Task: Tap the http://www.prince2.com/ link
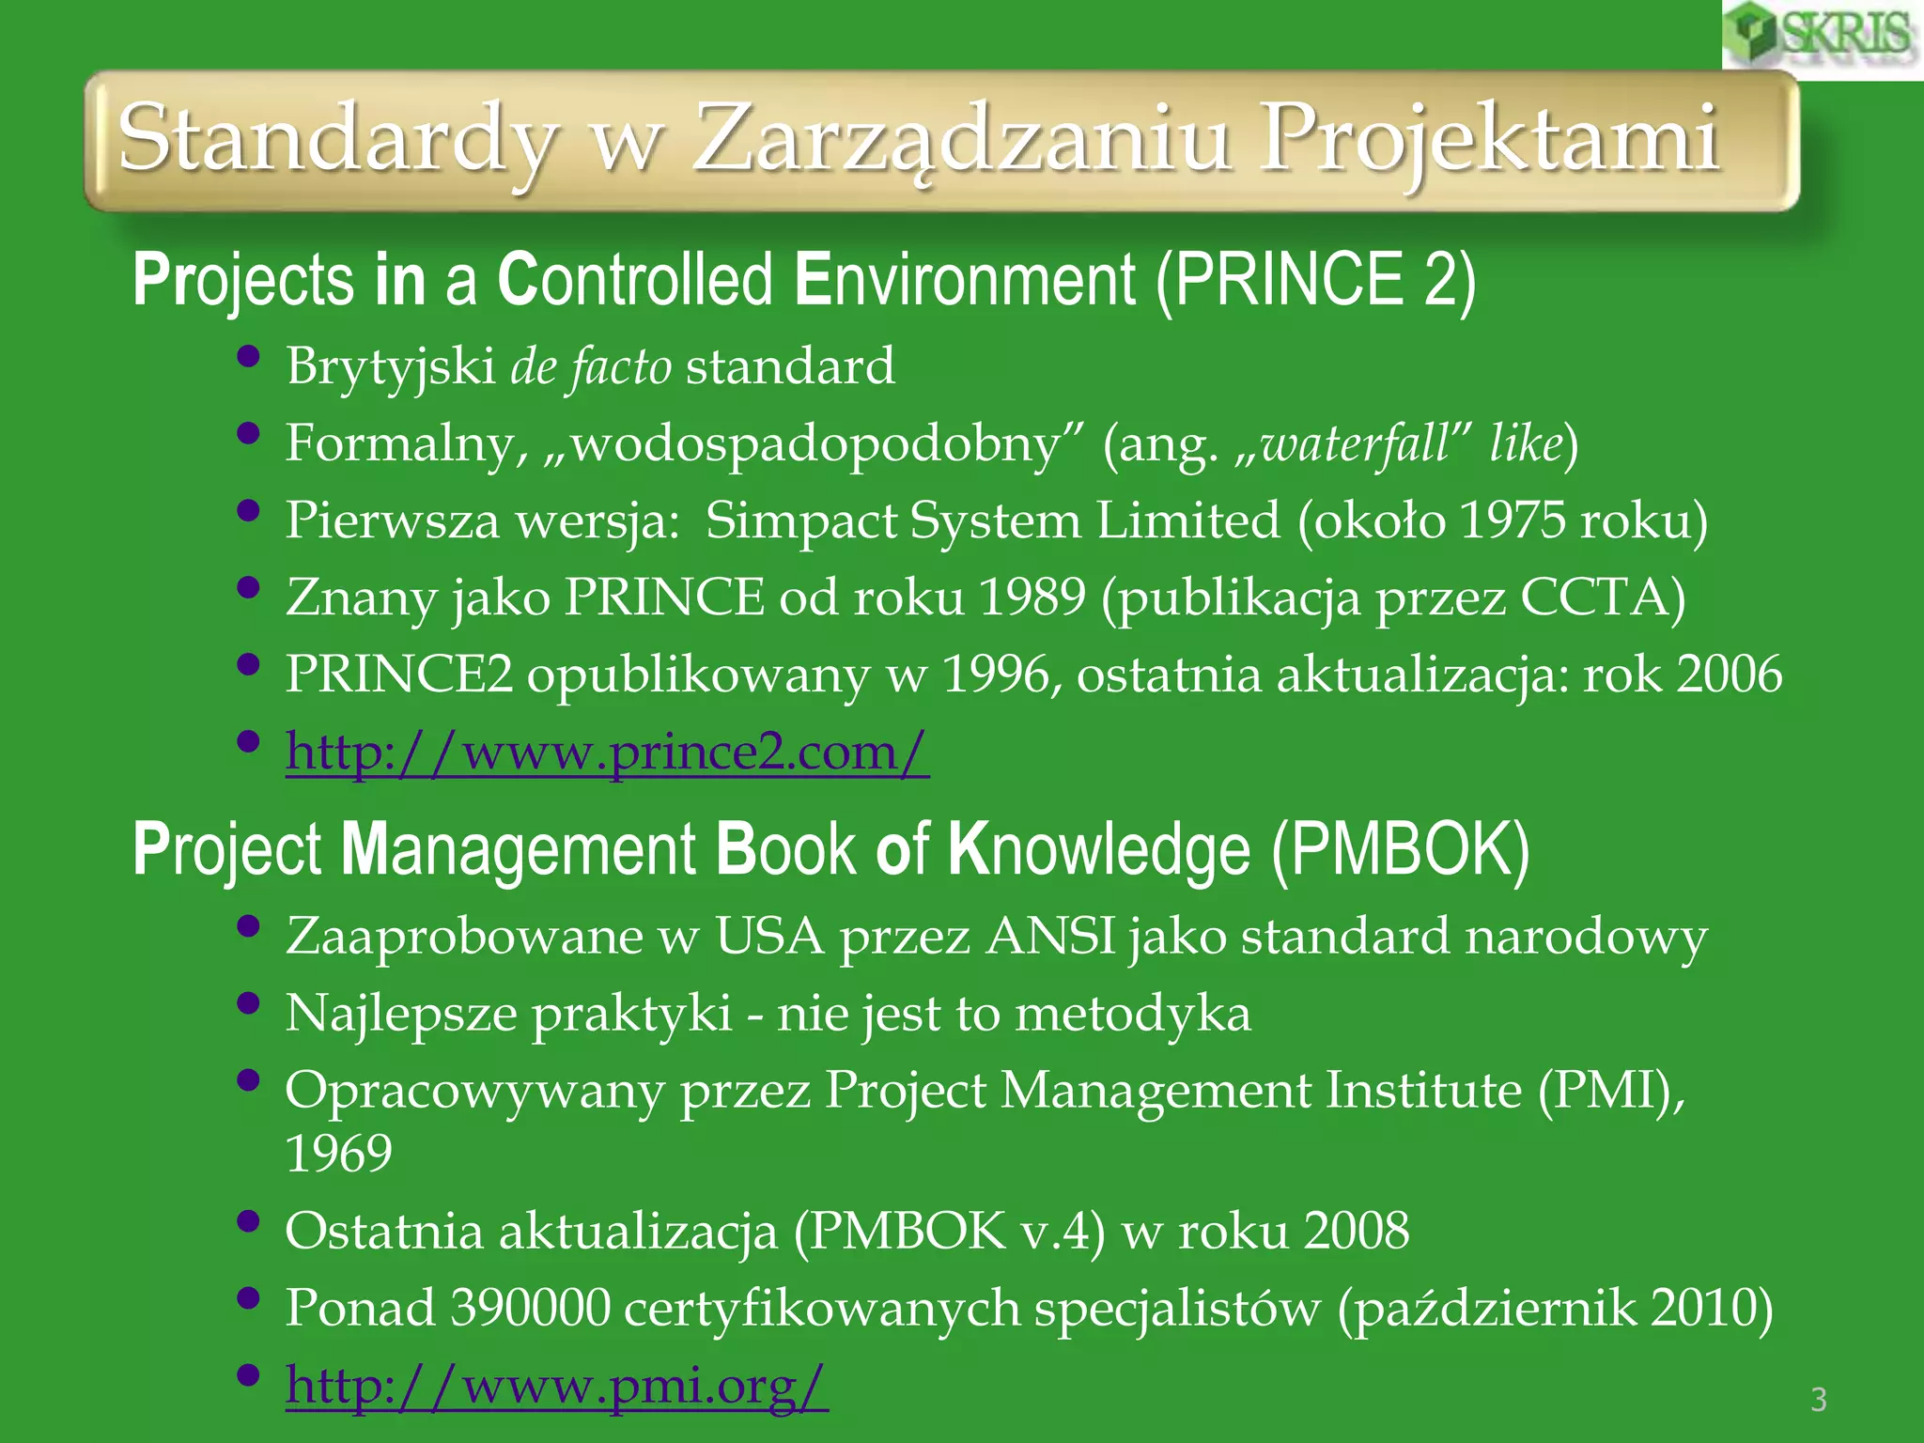[607, 752]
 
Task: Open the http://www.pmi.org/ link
[556, 1385]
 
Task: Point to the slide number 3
[1819, 1400]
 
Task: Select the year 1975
[1513, 520]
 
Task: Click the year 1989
[1032, 597]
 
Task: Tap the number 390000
[530, 1308]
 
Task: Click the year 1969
[338, 1154]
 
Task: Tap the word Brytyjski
[391, 366]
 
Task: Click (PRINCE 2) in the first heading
[1316, 280]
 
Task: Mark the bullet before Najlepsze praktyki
[248, 1003]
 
